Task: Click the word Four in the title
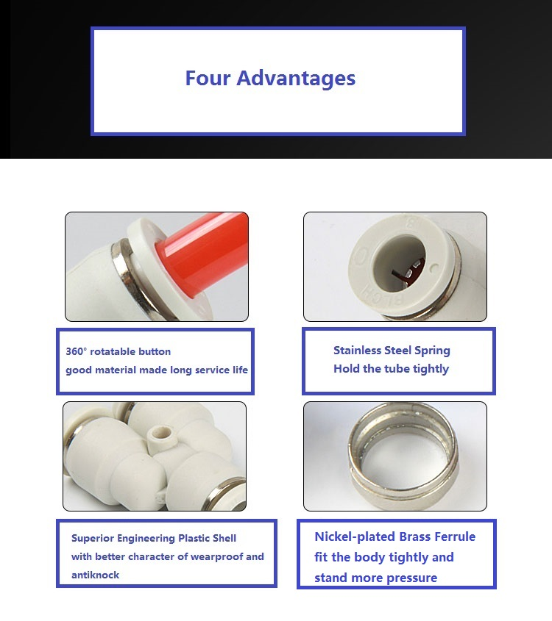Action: [x=208, y=78]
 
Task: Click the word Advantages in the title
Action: [x=296, y=79]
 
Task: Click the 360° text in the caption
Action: [x=76, y=351]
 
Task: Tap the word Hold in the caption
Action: [x=347, y=368]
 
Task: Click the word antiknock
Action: [x=95, y=575]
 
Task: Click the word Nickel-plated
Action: [x=355, y=536]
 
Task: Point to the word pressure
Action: [x=412, y=578]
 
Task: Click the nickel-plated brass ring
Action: [x=403, y=456]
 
